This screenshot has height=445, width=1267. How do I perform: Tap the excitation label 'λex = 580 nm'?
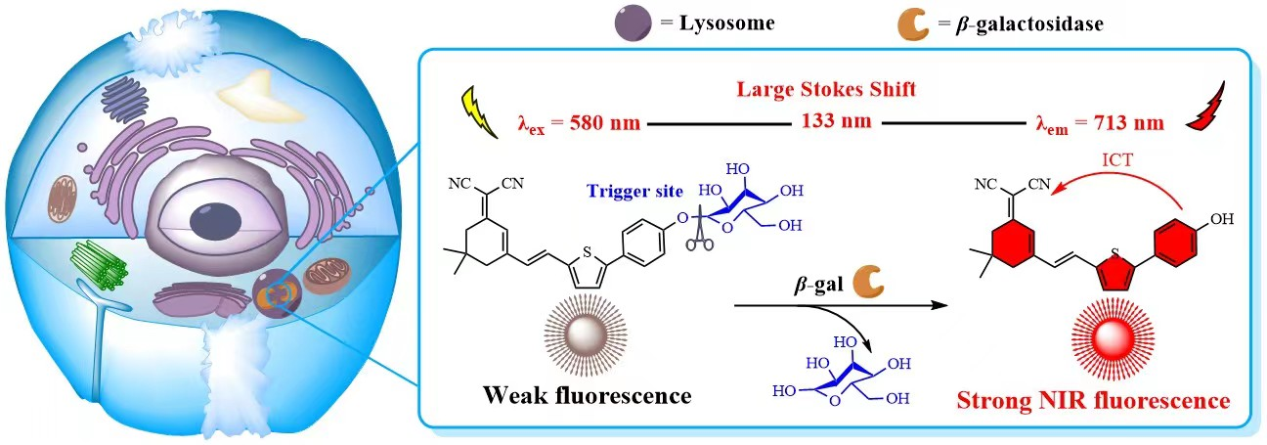pos(579,123)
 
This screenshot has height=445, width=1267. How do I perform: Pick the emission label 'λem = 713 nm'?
pos(1099,123)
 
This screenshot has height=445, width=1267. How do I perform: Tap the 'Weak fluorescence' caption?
pos(586,397)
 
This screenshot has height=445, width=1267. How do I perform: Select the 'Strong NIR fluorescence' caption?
pos(1092,401)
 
